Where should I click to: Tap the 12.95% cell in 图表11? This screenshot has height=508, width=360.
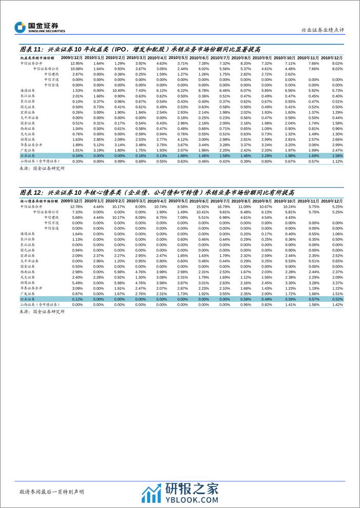tap(76, 63)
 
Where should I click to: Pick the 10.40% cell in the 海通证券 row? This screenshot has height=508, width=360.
tap(119, 91)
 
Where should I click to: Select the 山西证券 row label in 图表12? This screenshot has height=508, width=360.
tap(39, 304)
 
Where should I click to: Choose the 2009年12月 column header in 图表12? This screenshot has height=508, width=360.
tap(72, 200)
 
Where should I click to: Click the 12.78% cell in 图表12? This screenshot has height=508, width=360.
tap(76, 206)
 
